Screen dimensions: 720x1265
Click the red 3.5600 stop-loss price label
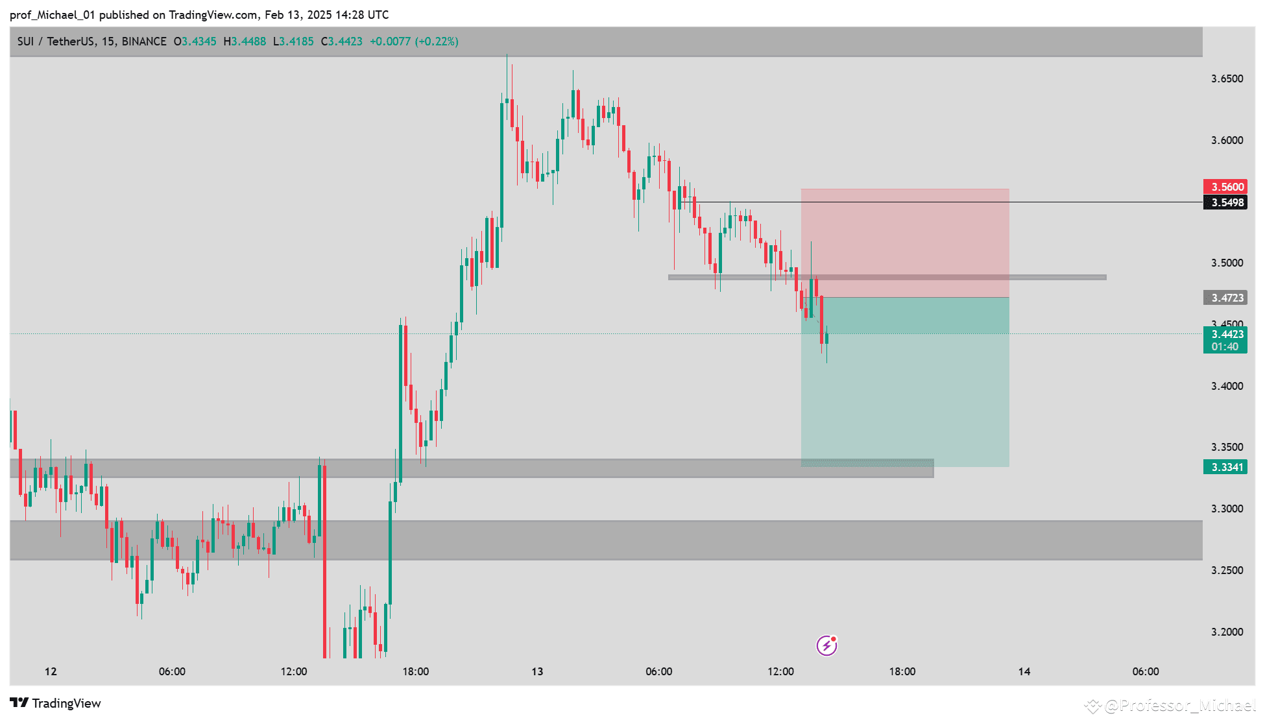[x=1225, y=187]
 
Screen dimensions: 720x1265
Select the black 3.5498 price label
[x=1225, y=202]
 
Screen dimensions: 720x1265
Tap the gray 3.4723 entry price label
[x=1225, y=298]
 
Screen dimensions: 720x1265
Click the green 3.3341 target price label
[x=1225, y=467]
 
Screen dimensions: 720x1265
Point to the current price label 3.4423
[x=1225, y=335]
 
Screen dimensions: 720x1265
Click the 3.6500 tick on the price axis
[x=1227, y=78]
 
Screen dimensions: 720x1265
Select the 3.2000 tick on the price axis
[x=1227, y=632]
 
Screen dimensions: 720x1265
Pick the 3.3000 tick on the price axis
[x=1227, y=509]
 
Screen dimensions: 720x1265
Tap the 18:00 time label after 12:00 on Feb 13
[x=902, y=671]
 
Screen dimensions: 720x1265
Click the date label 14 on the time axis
[x=1024, y=671]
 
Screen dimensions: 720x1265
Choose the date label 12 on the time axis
[x=51, y=671]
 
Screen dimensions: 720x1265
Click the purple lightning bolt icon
[x=826, y=645]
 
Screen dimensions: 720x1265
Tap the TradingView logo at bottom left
[x=55, y=703]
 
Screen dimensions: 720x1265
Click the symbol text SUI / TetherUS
[x=56, y=42]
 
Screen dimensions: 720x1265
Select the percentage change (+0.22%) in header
[x=437, y=42]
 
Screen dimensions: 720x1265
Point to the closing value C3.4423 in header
[x=342, y=42]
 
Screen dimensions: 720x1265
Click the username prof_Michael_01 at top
[x=52, y=14]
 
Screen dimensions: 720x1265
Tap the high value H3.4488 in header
[x=245, y=42]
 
